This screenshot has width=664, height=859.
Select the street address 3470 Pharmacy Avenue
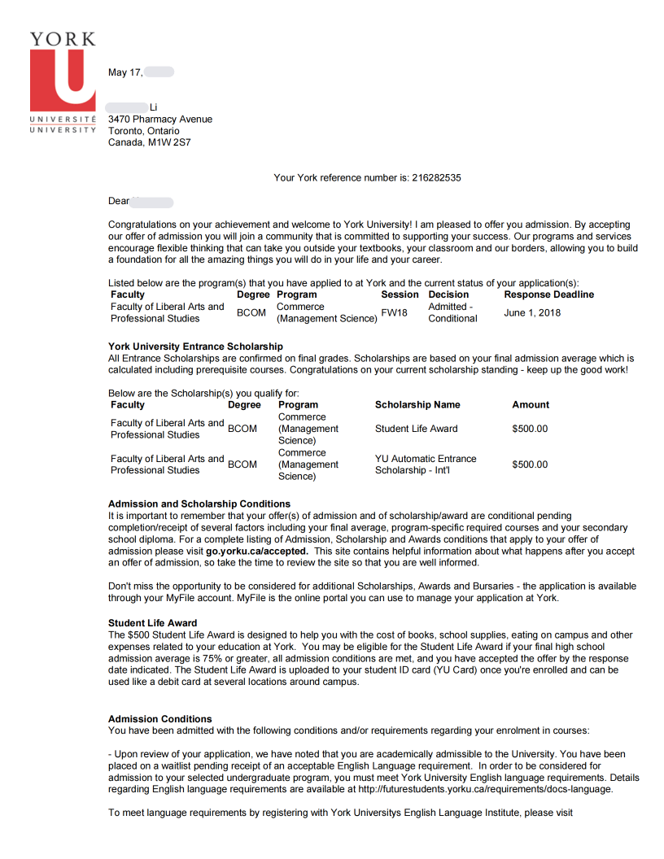[160, 120]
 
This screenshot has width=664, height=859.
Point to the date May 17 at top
[125, 73]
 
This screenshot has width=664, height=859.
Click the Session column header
[400, 294]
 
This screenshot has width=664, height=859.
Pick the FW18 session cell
[394, 312]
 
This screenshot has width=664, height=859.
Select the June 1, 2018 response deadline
[532, 312]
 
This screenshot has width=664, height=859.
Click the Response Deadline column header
[548, 294]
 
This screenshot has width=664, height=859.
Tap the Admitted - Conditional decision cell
[452, 312]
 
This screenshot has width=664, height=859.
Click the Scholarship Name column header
[417, 404]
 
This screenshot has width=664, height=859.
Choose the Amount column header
[531, 404]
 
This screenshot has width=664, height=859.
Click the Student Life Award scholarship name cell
[416, 429]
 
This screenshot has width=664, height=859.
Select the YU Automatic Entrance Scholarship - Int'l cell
[426, 464]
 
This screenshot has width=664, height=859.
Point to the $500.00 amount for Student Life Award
[530, 429]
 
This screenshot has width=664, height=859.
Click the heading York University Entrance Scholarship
[195, 347]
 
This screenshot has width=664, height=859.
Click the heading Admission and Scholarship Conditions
[199, 504]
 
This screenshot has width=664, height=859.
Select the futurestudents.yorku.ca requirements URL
[486, 789]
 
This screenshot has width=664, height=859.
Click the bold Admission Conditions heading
[160, 719]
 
